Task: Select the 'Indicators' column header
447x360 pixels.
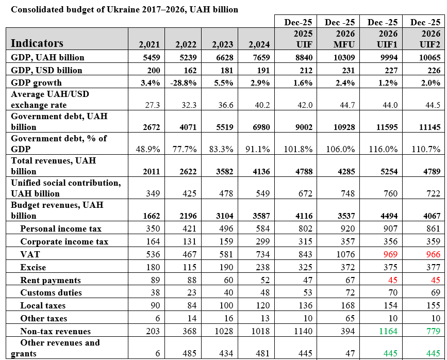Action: point(37,43)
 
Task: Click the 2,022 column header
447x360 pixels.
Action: point(186,44)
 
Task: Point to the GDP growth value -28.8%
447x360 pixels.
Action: point(184,83)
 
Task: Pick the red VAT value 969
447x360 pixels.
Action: point(390,254)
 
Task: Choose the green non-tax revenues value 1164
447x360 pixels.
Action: point(388,331)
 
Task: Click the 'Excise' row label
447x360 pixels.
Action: point(33,267)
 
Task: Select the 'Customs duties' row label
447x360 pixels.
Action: point(51,292)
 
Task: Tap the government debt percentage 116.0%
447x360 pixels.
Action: point(383,149)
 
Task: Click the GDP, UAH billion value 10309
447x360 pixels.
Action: point(344,57)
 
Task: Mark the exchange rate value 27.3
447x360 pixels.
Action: point(153,105)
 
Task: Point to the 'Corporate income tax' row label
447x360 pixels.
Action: point(64,241)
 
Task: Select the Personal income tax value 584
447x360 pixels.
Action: point(262,228)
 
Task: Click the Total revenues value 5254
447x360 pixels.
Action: point(389,171)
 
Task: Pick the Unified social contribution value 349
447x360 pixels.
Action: point(153,193)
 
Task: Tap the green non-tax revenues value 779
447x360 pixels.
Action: point(433,331)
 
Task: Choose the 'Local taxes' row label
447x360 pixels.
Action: point(43,305)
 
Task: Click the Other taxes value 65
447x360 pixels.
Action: point(350,318)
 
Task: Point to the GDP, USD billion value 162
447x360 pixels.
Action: point(190,70)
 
